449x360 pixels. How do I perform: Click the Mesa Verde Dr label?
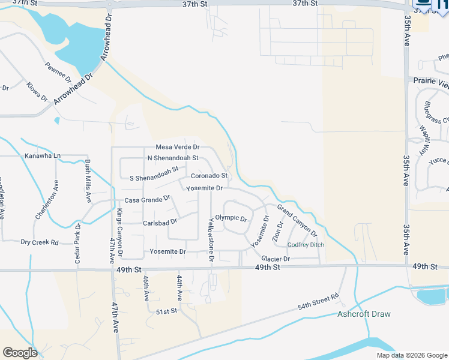[177, 147]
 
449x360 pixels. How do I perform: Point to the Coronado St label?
[209, 176]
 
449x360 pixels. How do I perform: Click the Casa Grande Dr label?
[147, 200]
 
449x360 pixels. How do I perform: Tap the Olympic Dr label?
[231, 218]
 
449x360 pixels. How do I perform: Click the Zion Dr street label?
[278, 233]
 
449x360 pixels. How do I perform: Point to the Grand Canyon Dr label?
[297, 220]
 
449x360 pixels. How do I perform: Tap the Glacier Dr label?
[276, 259]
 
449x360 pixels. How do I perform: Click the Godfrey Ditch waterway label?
[306, 245]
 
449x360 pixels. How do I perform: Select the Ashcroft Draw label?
[364, 314]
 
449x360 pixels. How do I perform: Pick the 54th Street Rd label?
[319, 302]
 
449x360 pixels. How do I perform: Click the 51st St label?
[166, 311]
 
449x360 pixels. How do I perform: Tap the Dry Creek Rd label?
[40, 242]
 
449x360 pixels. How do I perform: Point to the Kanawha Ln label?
[43, 156]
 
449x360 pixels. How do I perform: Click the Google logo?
[20, 353]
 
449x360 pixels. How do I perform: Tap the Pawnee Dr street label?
[58, 72]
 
